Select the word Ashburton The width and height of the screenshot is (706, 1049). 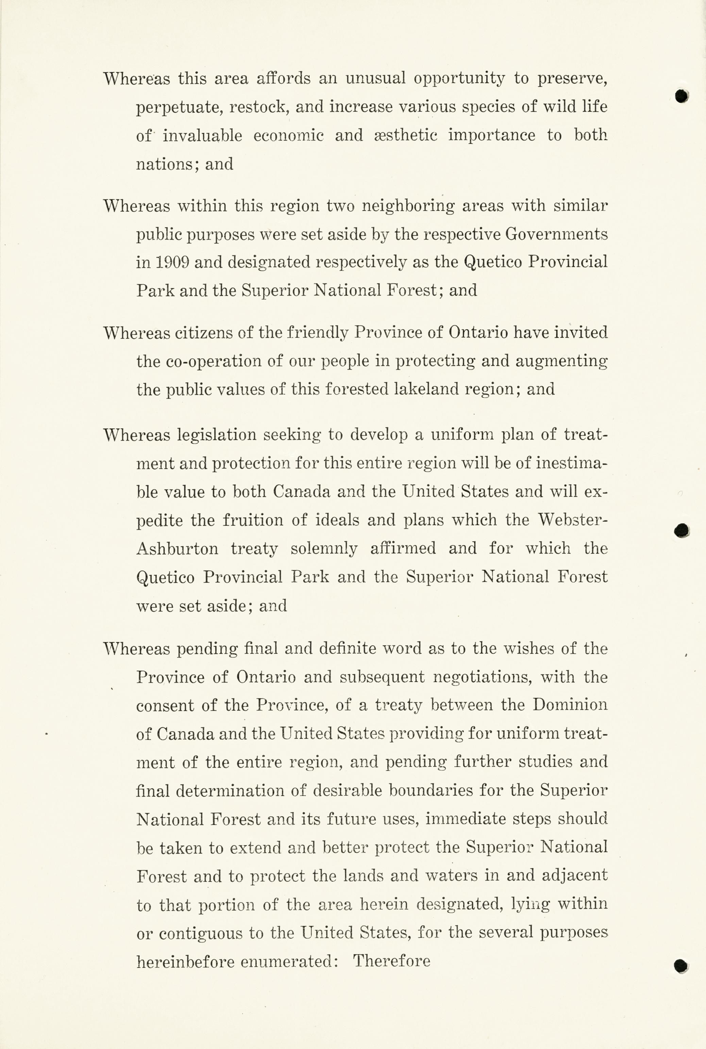(177, 549)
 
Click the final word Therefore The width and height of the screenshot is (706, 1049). (392, 961)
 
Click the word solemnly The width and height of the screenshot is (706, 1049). (324, 549)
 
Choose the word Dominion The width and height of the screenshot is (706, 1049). (570, 705)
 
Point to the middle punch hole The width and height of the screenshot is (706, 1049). (682, 531)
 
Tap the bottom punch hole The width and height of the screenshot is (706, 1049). (681, 966)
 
